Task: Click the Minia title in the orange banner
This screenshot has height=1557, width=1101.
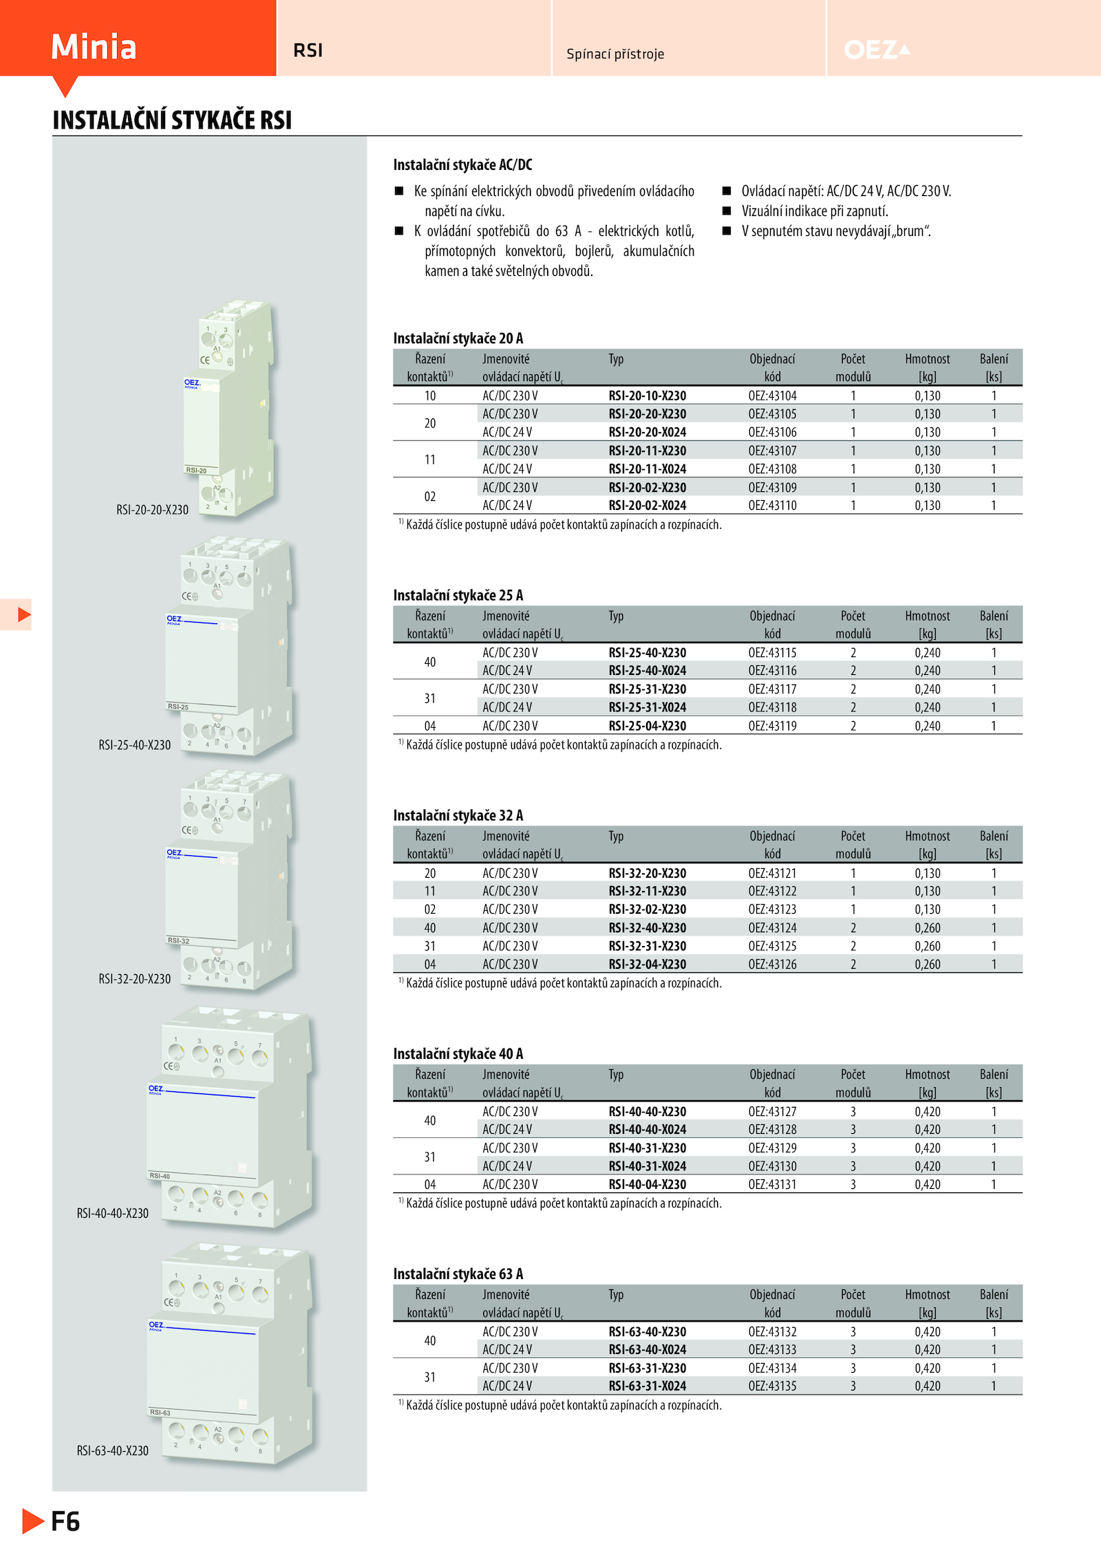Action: tap(94, 47)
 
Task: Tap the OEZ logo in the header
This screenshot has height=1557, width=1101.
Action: tap(877, 50)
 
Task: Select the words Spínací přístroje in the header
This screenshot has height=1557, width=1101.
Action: tap(615, 54)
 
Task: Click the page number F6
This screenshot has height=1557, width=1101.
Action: tap(65, 1521)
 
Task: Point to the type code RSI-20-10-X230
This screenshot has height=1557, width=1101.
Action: tap(647, 396)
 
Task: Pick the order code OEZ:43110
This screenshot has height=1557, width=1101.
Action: tap(772, 505)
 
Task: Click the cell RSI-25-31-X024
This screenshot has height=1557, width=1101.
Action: tap(647, 707)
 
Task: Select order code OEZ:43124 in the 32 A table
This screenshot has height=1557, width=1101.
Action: tap(772, 927)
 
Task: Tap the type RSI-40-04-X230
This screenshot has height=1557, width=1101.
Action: tap(647, 1184)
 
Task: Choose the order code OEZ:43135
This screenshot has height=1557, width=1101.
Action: tap(772, 1386)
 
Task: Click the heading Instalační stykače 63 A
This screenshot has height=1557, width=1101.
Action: tap(458, 1274)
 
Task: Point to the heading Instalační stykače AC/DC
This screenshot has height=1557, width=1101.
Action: tap(462, 164)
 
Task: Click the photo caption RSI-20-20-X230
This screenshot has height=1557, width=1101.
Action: tap(152, 510)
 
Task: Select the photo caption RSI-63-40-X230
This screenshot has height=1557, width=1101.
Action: tap(112, 1450)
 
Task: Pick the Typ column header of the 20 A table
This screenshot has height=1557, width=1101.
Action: tap(616, 359)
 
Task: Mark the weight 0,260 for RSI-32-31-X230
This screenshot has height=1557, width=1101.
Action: tap(927, 946)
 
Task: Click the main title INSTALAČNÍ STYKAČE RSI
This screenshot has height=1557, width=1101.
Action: tap(172, 120)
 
